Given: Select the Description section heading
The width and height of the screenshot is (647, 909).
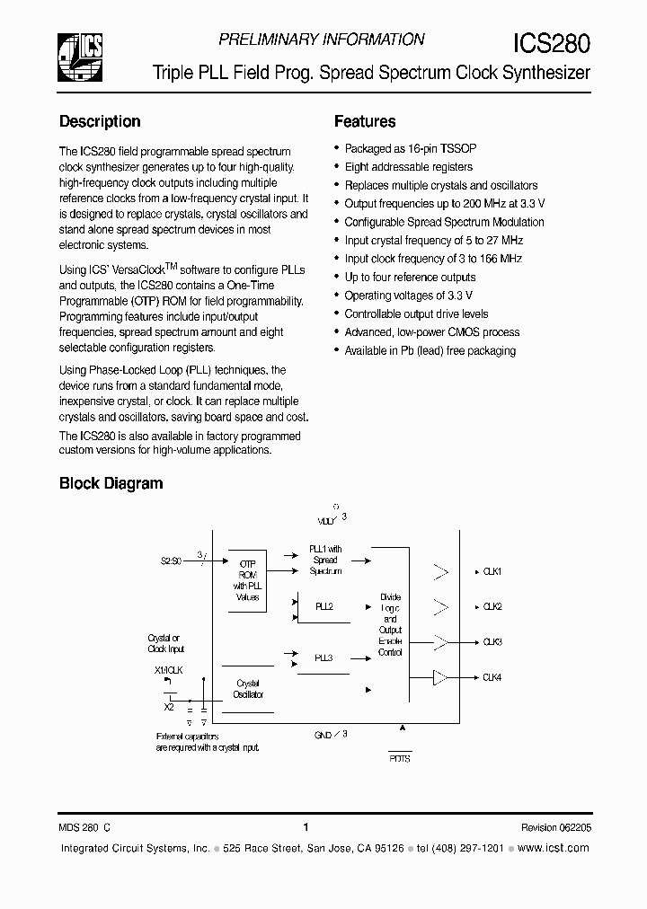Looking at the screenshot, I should click(x=100, y=121).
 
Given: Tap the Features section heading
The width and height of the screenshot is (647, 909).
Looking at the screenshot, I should click(x=365, y=121).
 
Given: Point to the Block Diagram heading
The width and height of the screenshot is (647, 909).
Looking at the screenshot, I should click(x=111, y=483).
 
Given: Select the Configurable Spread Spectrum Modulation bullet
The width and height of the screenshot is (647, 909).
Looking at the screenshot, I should click(x=444, y=222).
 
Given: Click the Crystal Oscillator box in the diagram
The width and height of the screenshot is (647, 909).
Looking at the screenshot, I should click(x=247, y=689).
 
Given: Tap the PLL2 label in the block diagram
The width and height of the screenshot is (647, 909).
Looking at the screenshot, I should click(x=323, y=607).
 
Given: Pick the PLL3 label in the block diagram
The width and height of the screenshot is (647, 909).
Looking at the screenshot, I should click(x=323, y=658).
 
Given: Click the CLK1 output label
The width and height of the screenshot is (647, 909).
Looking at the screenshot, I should click(x=492, y=572).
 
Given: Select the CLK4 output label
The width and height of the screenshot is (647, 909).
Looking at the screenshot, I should click(x=492, y=677).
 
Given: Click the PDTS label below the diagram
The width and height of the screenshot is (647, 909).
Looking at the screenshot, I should click(x=400, y=758).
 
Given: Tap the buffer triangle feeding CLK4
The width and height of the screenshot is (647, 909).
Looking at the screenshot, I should click(x=439, y=677).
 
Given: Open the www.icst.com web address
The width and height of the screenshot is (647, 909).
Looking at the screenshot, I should click(x=554, y=848).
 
